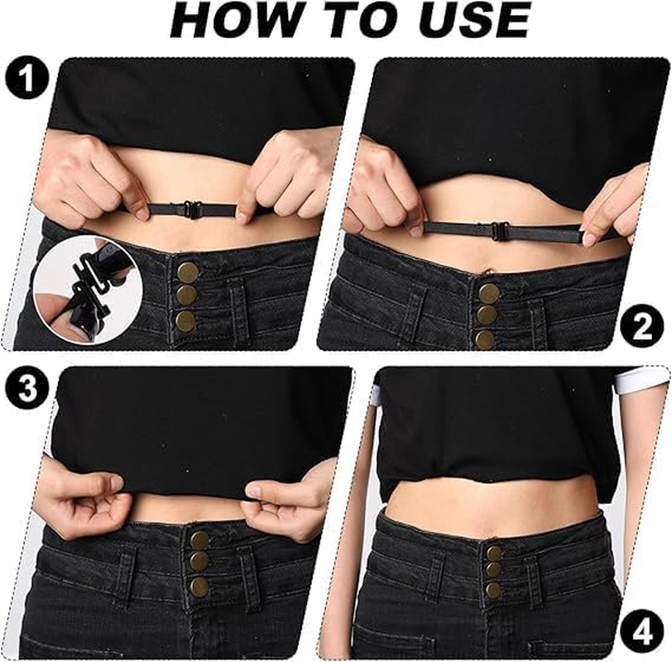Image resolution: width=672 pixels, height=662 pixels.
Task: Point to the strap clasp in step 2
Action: click(499, 231)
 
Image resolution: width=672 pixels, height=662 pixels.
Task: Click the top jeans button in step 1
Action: click(187, 271)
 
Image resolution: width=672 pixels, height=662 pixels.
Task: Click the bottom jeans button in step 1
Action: click(186, 321)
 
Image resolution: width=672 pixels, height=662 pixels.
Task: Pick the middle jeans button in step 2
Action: click(487, 315)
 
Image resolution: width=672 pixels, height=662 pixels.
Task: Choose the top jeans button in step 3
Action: click(199, 540)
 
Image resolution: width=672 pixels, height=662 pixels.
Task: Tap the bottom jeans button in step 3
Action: click(200, 587)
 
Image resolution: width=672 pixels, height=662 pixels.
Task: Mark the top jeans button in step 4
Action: click(494, 553)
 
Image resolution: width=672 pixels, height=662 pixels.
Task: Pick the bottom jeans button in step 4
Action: click(493, 590)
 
